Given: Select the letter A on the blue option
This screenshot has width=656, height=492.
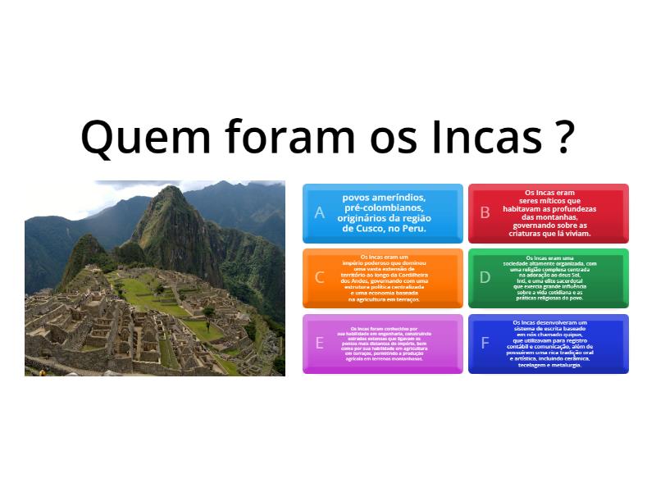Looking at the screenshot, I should coord(319,213).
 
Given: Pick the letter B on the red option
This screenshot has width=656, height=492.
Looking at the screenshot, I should coord(485,213).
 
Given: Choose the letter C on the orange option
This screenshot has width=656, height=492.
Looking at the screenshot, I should coord(319,277).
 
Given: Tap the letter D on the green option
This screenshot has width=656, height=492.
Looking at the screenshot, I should coord(485,277).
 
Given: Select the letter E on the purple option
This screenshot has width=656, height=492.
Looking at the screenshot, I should coord(319,343).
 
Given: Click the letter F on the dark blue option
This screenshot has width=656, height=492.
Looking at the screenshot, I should coord(485,343).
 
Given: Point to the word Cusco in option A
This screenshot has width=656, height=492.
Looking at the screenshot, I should coord(378,228).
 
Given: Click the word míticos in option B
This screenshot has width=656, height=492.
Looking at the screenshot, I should coord(561,201).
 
